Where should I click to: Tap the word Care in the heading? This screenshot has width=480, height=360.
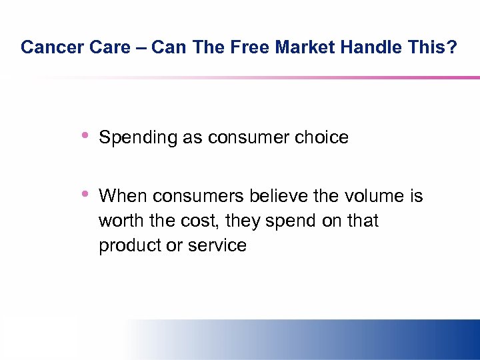pyautogui.click(x=97, y=47)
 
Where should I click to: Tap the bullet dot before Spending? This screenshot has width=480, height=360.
pyautogui.click(x=85, y=136)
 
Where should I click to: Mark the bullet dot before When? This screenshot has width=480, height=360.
pyautogui.click(x=85, y=195)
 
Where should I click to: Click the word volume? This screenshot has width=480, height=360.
pyautogui.click(x=375, y=196)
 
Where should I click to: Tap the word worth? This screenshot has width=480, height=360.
pyautogui.click(x=119, y=221)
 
